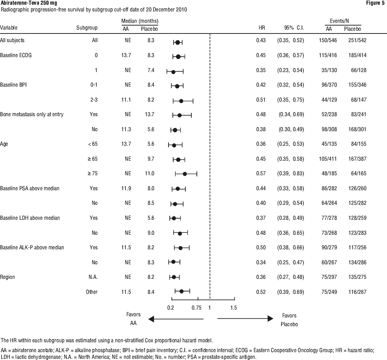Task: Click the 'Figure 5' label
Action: pos(375,3)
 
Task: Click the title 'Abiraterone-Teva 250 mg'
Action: pos(28,3)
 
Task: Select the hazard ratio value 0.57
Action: pos(261,173)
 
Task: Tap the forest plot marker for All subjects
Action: pos(178,43)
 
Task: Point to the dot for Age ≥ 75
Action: pos(185,174)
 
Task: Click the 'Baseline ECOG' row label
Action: pos(16,55)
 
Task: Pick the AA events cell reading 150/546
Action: pos(328,40)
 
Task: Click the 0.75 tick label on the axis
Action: pos(196,308)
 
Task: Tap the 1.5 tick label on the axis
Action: pos(233,308)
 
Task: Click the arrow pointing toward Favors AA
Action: pos(176,319)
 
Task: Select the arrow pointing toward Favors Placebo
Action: pos(245,319)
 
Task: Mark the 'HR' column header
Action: pos(262,28)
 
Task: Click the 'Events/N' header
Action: pos(339,21)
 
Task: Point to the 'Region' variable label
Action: pos(7,277)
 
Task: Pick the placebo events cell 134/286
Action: pos(357,262)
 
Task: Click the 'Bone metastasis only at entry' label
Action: pos(31,114)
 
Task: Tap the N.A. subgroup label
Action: pos(93,277)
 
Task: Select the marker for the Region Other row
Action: pos(181,291)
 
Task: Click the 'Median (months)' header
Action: pos(140,21)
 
